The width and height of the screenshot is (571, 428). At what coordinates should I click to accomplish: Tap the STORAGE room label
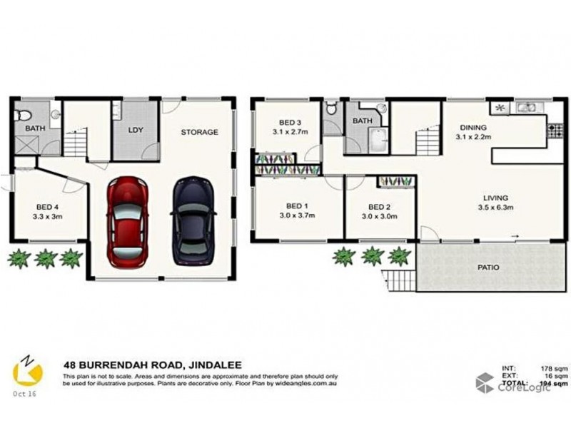pos(199,132)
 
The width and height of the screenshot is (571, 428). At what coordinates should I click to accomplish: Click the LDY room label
pos(135,132)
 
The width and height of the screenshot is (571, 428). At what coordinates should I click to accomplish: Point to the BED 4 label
pos(48,208)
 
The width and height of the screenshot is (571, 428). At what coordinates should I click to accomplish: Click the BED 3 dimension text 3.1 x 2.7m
pos(290,132)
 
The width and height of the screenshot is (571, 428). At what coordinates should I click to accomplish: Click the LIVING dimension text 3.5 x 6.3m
pos(495,208)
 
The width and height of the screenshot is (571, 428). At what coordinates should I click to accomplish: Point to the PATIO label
pos(489,267)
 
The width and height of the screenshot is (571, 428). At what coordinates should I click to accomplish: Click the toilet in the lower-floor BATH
pos(24,113)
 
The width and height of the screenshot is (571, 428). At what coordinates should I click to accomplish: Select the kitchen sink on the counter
pos(526,108)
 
